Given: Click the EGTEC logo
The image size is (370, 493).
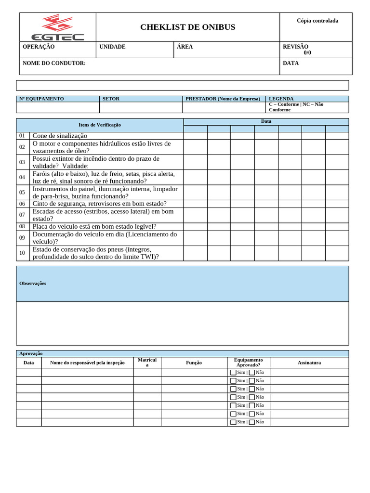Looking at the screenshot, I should (57, 27).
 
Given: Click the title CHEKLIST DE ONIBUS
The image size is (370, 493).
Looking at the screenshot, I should (188, 27).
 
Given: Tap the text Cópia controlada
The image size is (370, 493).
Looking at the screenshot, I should (317, 21).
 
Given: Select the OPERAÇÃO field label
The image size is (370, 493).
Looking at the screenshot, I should (39, 47).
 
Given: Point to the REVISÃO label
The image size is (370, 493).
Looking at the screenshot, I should (296, 47).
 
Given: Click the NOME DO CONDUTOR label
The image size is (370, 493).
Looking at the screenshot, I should (54, 63).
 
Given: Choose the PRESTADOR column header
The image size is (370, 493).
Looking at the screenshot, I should (223, 99).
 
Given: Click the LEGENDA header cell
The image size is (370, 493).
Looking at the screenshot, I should (281, 99).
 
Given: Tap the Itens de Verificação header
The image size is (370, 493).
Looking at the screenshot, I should (100, 125).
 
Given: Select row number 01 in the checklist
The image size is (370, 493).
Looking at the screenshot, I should (22, 136).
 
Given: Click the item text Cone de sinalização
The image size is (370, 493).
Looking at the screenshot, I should (60, 136).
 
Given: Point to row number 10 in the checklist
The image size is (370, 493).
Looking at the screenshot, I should (22, 253).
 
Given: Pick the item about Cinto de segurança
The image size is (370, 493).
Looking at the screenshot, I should (99, 204).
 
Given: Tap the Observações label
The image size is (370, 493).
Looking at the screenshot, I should (33, 283).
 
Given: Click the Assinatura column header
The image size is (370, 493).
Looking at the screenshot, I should (309, 363).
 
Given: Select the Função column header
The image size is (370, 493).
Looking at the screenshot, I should (194, 363).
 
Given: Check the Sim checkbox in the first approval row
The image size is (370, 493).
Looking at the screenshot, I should (233, 372).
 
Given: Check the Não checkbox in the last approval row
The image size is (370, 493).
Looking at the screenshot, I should (251, 422).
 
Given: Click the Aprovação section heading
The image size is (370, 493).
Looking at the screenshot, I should (31, 353).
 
